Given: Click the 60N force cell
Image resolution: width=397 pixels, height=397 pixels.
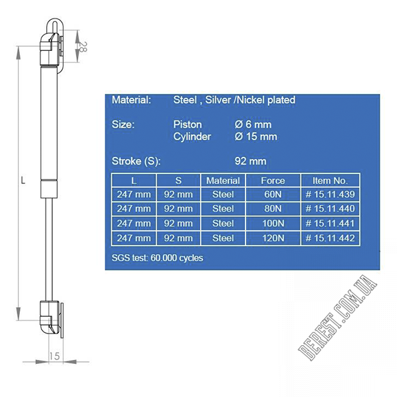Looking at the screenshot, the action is pyautogui.click(x=273, y=195).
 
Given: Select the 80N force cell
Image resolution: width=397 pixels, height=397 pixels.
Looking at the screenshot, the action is pyautogui.click(x=273, y=208).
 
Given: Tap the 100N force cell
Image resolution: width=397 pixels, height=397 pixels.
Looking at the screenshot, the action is pyautogui.click(x=273, y=224).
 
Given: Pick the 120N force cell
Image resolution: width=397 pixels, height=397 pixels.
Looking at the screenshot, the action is pyautogui.click(x=273, y=238).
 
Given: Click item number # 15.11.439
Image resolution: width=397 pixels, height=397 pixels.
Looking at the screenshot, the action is pyautogui.click(x=330, y=195).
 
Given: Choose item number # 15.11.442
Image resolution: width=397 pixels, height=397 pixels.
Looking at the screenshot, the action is pyautogui.click(x=330, y=238).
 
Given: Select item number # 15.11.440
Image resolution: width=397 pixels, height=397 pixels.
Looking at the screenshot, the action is pyautogui.click(x=330, y=208).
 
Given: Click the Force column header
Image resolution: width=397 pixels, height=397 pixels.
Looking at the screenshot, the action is pyautogui.click(x=273, y=181).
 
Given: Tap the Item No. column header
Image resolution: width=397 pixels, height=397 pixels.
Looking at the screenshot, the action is pyautogui.click(x=330, y=181).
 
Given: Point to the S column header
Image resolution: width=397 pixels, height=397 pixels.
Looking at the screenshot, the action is pyautogui.click(x=178, y=181).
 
